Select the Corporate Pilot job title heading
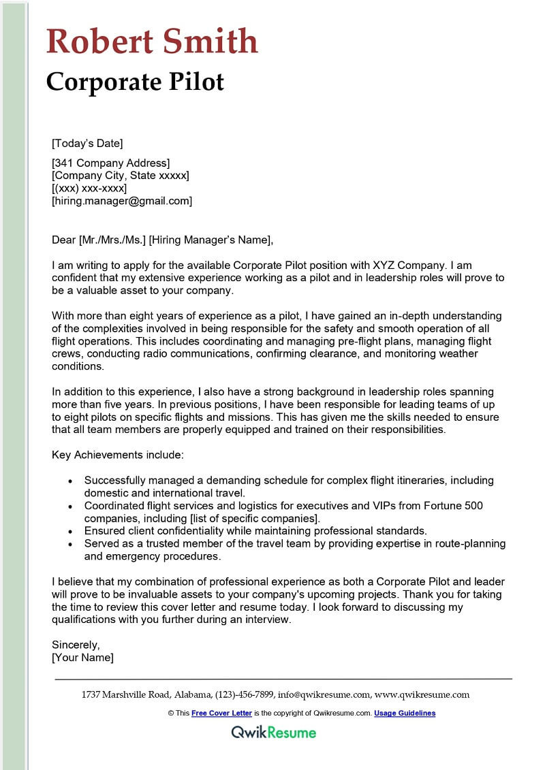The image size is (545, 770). (135, 82)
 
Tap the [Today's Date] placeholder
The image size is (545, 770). (87, 143)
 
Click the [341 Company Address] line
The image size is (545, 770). (111, 163)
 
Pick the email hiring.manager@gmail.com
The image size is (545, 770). (122, 201)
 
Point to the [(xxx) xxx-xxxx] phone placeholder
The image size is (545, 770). (89, 188)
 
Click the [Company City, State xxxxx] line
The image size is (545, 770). (121, 176)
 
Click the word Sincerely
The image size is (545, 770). (76, 645)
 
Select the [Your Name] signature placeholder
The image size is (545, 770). (83, 658)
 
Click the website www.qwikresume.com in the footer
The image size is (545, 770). (422, 695)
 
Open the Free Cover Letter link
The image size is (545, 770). (221, 713)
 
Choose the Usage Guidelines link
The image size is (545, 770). (405, 713)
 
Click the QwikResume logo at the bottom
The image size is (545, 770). (273, 733)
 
